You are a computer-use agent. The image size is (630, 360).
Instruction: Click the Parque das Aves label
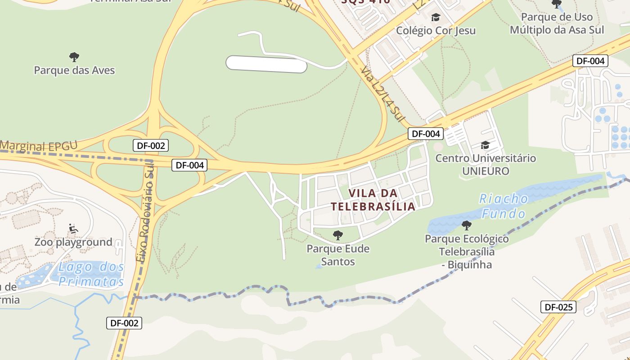click(x=74, y=70)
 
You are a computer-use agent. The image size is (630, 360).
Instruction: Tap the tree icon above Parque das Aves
click(x=74, y=57)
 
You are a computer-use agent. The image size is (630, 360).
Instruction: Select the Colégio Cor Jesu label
click(x=436, y=31)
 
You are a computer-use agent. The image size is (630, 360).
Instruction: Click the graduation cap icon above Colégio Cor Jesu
click(x=436, y=18)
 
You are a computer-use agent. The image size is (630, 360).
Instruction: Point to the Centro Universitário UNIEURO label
click(x=486, y=165)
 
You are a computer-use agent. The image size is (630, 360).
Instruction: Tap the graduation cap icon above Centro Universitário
click(x=485, y=145)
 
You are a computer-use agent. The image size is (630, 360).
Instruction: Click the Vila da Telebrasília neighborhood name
click(x=373, y=200)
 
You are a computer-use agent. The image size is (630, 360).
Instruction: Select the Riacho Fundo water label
click(x=503, y=205)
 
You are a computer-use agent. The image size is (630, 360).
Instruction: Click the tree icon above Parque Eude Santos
click(x=337, y=235)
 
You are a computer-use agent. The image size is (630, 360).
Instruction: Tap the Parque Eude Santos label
click(x=338, y=255)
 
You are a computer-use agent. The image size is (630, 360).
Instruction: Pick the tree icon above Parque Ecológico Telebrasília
click(x=467, y=225)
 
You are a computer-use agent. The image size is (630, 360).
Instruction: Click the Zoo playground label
click(x=73, y=242)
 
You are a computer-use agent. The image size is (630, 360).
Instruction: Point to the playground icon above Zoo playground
click(x=73, y=229)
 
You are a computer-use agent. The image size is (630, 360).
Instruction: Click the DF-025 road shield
click(x=558, y=307)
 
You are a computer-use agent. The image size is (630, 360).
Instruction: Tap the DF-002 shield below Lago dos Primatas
click(x=124, y=323)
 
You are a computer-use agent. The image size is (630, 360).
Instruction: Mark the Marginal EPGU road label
click(x=39, y=146)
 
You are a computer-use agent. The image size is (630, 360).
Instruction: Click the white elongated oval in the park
click(x=266, y=64)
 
